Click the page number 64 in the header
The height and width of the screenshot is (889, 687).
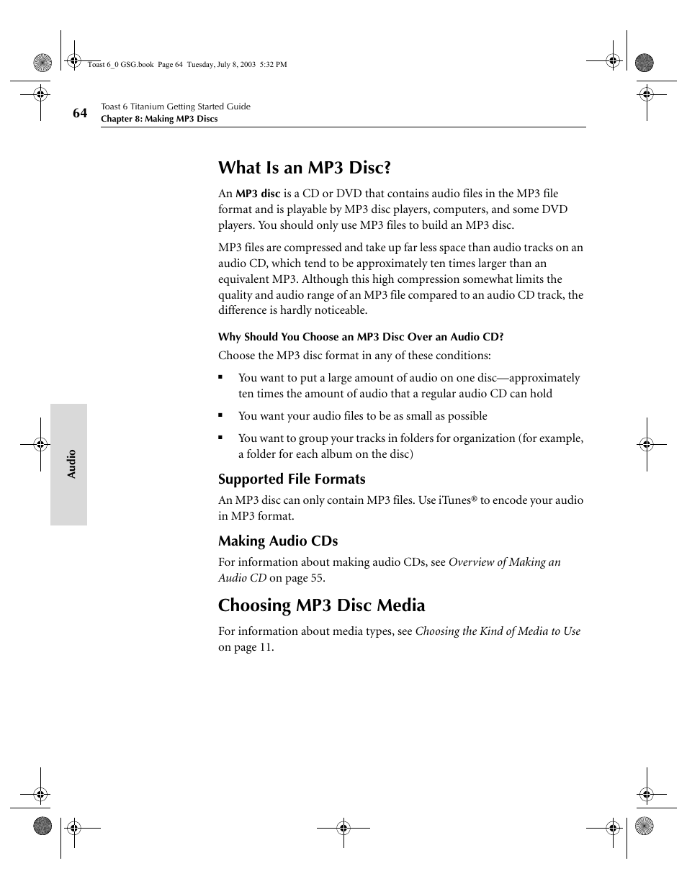(79, 113)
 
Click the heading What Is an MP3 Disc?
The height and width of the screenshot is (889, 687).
(305, 168)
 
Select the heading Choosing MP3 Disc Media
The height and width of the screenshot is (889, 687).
(321, 605)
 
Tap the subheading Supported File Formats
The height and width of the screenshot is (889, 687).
(292, 479)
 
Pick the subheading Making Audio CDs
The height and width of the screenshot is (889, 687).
(278, 541)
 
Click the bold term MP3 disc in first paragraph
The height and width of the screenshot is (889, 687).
(258, 194)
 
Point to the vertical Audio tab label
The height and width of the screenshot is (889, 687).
(71, 464)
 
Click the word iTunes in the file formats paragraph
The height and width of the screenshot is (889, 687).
(454, 500)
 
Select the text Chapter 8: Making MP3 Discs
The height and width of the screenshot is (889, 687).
(158, 119)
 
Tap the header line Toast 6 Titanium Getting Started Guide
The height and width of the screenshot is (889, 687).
(176, 107)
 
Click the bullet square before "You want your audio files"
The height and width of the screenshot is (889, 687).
(222, 416)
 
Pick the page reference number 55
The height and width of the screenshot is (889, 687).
(317, 578)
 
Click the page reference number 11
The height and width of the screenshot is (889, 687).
(266, 647)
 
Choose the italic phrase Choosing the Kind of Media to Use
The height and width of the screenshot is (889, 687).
(497, 631)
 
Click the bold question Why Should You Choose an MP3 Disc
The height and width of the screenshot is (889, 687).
(360, 337)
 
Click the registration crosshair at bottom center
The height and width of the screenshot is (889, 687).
(343, 828)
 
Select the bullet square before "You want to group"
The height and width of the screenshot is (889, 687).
(222, 438)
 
